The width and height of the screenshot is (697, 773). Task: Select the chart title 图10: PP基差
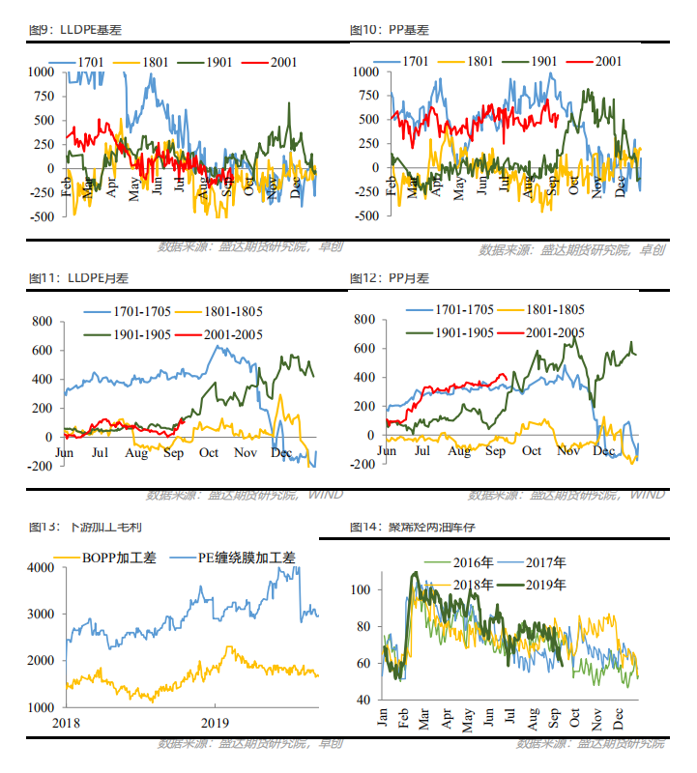(389, 30)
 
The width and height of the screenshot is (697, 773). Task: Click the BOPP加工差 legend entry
(101, 558)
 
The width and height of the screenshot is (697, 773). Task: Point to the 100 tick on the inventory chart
(361, 589)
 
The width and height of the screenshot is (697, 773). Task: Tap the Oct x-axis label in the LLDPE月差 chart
(207, 452)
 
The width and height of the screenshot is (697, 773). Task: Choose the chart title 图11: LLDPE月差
(78, 278)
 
